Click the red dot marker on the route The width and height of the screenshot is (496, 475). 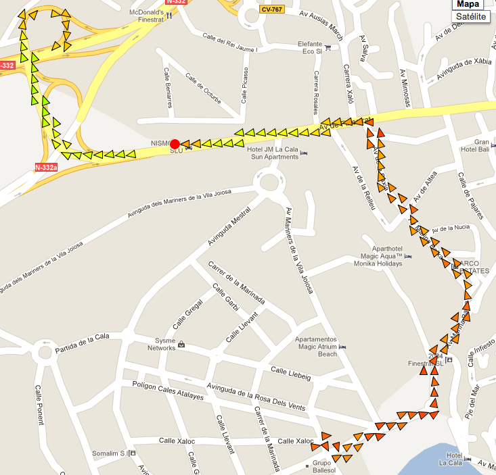[x=175, y=144]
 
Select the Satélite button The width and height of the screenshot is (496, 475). [x=471, y=16]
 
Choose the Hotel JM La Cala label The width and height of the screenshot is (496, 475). [x=273, y=153]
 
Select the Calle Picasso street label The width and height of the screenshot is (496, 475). [x=245, y=86]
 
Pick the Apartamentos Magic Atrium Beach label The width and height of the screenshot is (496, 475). [x=317, y=346]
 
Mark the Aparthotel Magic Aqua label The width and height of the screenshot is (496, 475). [x=378, y=255]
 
